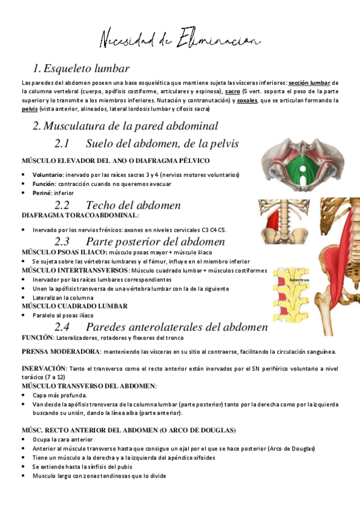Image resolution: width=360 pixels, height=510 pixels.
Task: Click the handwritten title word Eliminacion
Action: coord(218,40)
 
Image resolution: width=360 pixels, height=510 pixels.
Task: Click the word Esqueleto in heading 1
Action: coord(69,69)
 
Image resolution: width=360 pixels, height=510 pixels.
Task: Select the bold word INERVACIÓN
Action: coord(44,367)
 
